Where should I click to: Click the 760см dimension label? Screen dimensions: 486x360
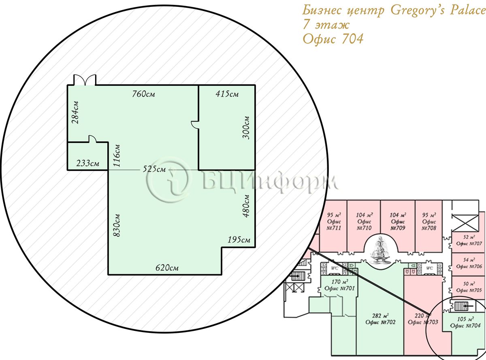coord(143,94)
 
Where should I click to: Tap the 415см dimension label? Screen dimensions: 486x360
coord(227,94)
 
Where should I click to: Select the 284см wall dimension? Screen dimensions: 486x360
coord(76,113)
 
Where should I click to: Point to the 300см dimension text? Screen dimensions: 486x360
coord(246,128)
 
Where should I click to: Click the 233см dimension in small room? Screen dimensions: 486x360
coord(87,163)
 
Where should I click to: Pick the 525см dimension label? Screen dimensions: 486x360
coord(154,169)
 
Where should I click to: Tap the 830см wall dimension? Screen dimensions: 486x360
coord(117,225)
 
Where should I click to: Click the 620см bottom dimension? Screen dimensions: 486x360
coord(167,268)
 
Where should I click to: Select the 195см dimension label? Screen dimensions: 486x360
coord(239,240)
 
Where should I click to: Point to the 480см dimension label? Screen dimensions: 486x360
coord(246,206)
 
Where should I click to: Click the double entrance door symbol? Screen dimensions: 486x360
coord(85,80)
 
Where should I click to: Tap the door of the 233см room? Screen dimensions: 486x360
coord(92,139)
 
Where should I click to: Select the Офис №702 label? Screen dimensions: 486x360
coord(380,322)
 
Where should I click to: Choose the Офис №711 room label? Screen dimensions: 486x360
coord(334,225)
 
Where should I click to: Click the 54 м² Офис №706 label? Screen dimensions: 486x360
coord(469,263)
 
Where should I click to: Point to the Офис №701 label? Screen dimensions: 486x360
coord(339,288)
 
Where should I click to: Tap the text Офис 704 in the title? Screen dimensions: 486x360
coord(333,39)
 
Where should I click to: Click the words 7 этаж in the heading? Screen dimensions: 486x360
coord(326,25)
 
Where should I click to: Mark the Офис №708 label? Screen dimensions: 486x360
coord(429,225)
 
